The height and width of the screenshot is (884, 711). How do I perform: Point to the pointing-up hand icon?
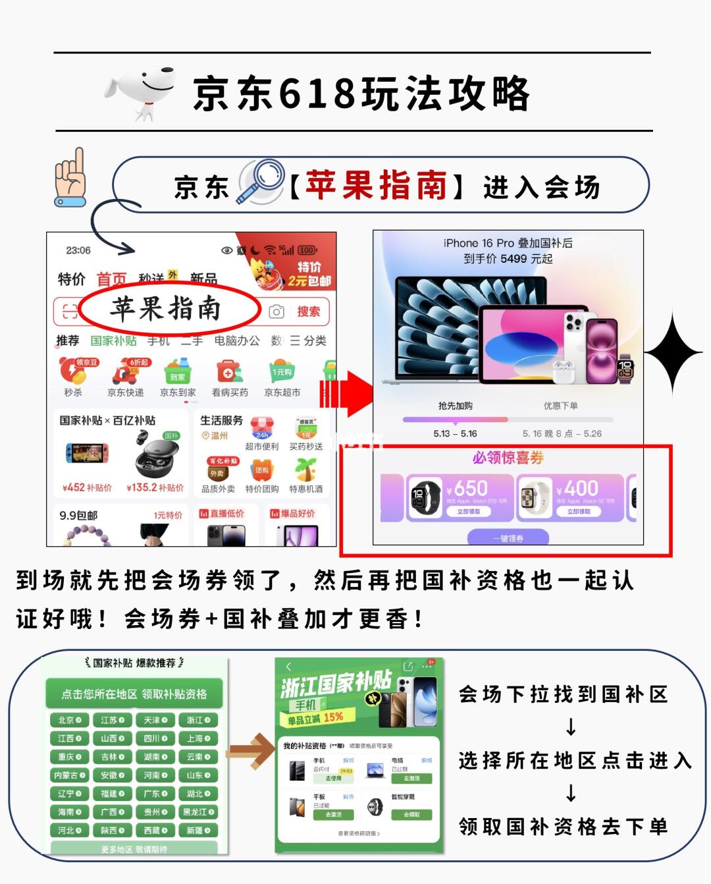click(x=70, y=177)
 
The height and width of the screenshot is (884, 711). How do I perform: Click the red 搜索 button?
click(x=308, y=312)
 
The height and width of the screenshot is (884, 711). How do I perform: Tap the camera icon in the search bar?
click(x=276, y=312)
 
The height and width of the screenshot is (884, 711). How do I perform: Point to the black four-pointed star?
click(x=673, y=354)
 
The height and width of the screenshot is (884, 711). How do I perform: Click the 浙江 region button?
click(x=198, y=720)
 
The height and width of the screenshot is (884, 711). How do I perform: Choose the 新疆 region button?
click(x=198, y=831)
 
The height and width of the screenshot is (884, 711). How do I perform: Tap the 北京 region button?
click(x=69, y=720)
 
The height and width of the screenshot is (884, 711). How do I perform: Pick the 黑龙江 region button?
click(x=198, y=812)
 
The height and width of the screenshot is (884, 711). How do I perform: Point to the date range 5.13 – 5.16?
click(x=455, y=433)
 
